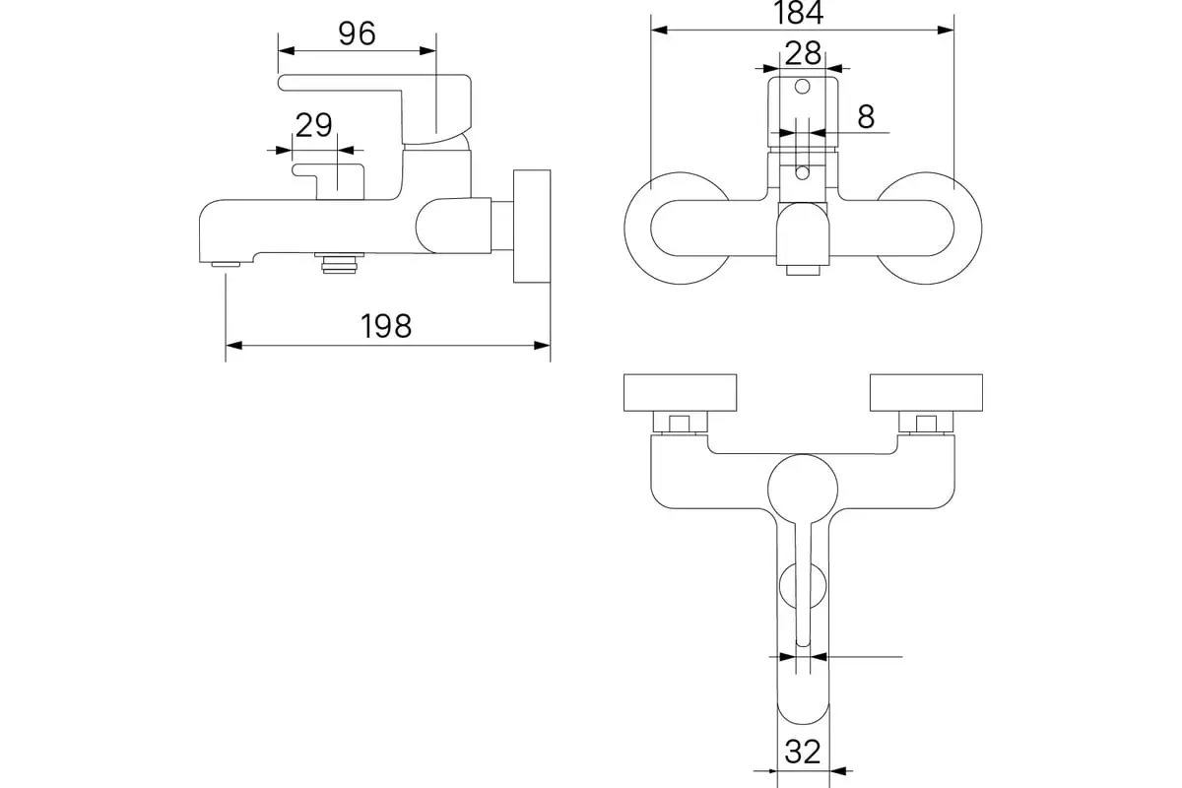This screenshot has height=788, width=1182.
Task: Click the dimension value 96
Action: (x=357, y=33)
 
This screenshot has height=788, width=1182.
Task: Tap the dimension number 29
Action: (x=313, y=125)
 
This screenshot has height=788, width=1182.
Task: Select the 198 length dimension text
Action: (x=386, y=326)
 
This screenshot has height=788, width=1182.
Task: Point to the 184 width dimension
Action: (x=799, y=13)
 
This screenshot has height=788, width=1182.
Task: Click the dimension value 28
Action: (x=803, y=53)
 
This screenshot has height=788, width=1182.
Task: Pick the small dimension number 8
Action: (x=866, y=116)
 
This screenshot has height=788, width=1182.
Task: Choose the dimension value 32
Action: (x=803, y=752)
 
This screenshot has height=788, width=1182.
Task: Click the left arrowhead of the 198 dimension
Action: (x=233, y=346)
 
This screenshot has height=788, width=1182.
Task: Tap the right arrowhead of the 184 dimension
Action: (x=946, y=31)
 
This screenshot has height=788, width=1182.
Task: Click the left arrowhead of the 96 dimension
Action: (x=287, y=50)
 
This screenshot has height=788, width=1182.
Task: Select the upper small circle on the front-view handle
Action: (x=802, y=87)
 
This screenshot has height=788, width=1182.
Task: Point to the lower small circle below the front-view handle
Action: (x=802, y=172)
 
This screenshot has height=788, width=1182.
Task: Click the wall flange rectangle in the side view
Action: (x=532, y=226)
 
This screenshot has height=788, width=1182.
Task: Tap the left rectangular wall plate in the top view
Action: (x=681, y=393)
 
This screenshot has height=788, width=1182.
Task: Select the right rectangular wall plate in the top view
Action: (x=926, y=393)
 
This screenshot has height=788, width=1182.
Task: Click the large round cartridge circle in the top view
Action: (x=803, y=490)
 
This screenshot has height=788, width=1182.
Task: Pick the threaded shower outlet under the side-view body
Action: (x=339, y=263)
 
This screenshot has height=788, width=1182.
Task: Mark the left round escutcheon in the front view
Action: (x=624, y=229)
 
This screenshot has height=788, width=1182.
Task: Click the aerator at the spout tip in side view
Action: (x=226, y=264)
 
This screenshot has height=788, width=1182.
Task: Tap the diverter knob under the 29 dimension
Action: (x=328, y=181)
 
